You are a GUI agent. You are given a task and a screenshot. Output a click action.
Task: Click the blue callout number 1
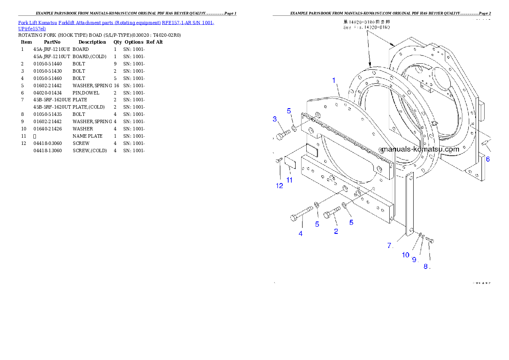(x=334, y=80)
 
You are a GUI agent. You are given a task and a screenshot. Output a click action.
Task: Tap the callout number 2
(x=336, y=231)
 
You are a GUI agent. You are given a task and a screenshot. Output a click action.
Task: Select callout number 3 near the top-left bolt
(x=275, y=119)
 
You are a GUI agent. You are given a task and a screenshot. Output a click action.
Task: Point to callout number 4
(x=301, y=233)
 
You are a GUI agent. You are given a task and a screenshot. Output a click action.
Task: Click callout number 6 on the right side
(x=488, y=159)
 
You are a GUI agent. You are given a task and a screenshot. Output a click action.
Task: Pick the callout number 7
(x=390, y=245)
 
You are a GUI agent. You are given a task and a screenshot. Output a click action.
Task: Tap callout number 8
(x=426, y=266)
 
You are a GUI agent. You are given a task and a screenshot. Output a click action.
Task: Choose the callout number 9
(x=414, y=259)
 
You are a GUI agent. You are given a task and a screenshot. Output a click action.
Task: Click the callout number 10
(x=405, y=255)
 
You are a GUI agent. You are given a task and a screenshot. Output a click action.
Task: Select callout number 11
(x=290, y=180)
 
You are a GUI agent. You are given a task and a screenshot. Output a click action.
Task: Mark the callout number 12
(x=279, y=186)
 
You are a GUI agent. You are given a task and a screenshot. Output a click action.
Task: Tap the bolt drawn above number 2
(x=333, y=212)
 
